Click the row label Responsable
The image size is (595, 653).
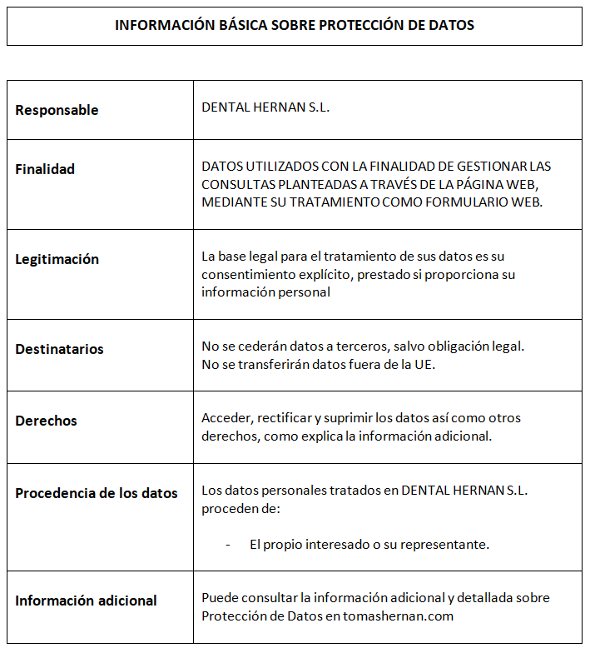[x=57, y=110]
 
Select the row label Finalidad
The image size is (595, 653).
[x=45, y=169]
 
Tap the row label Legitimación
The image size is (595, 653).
[x=57, y=259]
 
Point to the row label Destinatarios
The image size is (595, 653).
[x=59, y=349]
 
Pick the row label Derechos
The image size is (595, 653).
[x=46, y=421]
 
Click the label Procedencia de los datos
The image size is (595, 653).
[x=97, y=493]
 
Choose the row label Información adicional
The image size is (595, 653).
[x=86, y=601]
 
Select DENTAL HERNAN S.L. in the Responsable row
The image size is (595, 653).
[x=265, y=107]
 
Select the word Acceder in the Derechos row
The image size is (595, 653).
[x=226, y=417]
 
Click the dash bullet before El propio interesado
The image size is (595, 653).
[x=228, y=545]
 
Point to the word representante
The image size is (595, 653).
[x=450, y=545]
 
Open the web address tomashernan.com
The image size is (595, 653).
[x=399, y=616]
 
